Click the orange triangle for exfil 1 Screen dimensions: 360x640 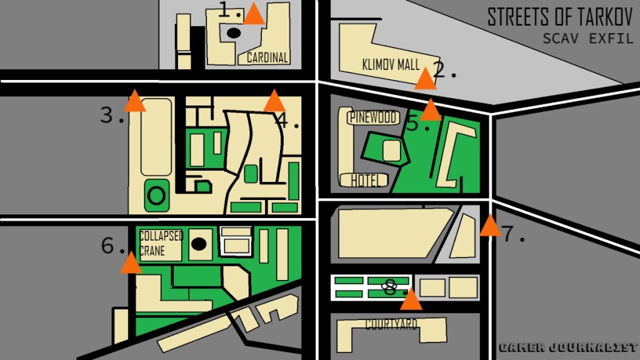[x=254, y=15]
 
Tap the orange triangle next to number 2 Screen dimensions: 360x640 [x=426, y=80]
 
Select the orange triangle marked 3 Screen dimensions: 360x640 [x=134, y=102]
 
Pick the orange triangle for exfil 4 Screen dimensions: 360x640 [x=274, y=102]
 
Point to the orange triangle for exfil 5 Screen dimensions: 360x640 [x=431, y=111]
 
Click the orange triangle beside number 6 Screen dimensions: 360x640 [x=131, y=264]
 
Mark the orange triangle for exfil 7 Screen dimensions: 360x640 [x=490, y=226]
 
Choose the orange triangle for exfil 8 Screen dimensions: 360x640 [x=411, y=301]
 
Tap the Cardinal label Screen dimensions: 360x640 [x=267, y=58]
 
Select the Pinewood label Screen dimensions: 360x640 [x=373, y=117]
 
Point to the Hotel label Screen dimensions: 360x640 [x=366, y=181]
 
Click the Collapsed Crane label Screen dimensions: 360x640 [x=161, y=243]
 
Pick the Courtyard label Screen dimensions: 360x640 [x=391, y=324]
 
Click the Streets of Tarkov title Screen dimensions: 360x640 [x=560, y=17]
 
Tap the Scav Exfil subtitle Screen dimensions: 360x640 [x=587, y=39]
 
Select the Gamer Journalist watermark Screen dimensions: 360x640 [x=567, y=347]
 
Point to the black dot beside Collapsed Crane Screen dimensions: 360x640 [x=199, y=244]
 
